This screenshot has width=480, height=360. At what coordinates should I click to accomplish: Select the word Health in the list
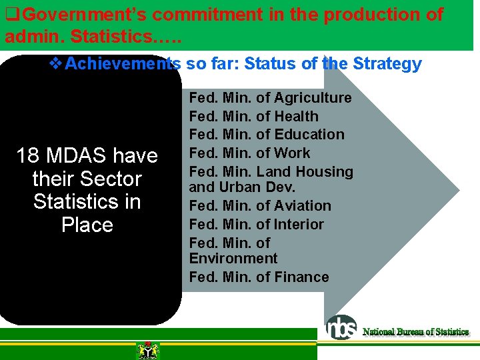pyautogui.click(x=296, y=117)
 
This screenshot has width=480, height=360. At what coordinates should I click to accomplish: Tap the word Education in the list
pyautogui.click(x=309, y=135)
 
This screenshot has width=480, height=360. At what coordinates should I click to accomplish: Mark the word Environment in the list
pyautogui.click(x=233, y=259)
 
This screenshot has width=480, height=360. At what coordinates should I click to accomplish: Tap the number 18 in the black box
pyautogui.click(x=27, y=156)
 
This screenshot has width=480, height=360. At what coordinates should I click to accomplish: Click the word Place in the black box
pyautogui.click(x=87, y=225)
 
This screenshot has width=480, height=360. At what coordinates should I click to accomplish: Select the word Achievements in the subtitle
pyautogui.click(x=123, y=64)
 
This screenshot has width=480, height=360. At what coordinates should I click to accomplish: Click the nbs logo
pyautogui.click(x=341, y=327)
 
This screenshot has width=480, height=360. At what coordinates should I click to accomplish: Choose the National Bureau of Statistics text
pyautogui.click(x=415, y=331)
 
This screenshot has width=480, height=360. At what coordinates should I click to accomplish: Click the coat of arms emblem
pyautogui.click(x=147, y=350)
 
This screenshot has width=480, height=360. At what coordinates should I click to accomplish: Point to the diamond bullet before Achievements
pyautogui.click(x=57, y=64)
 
